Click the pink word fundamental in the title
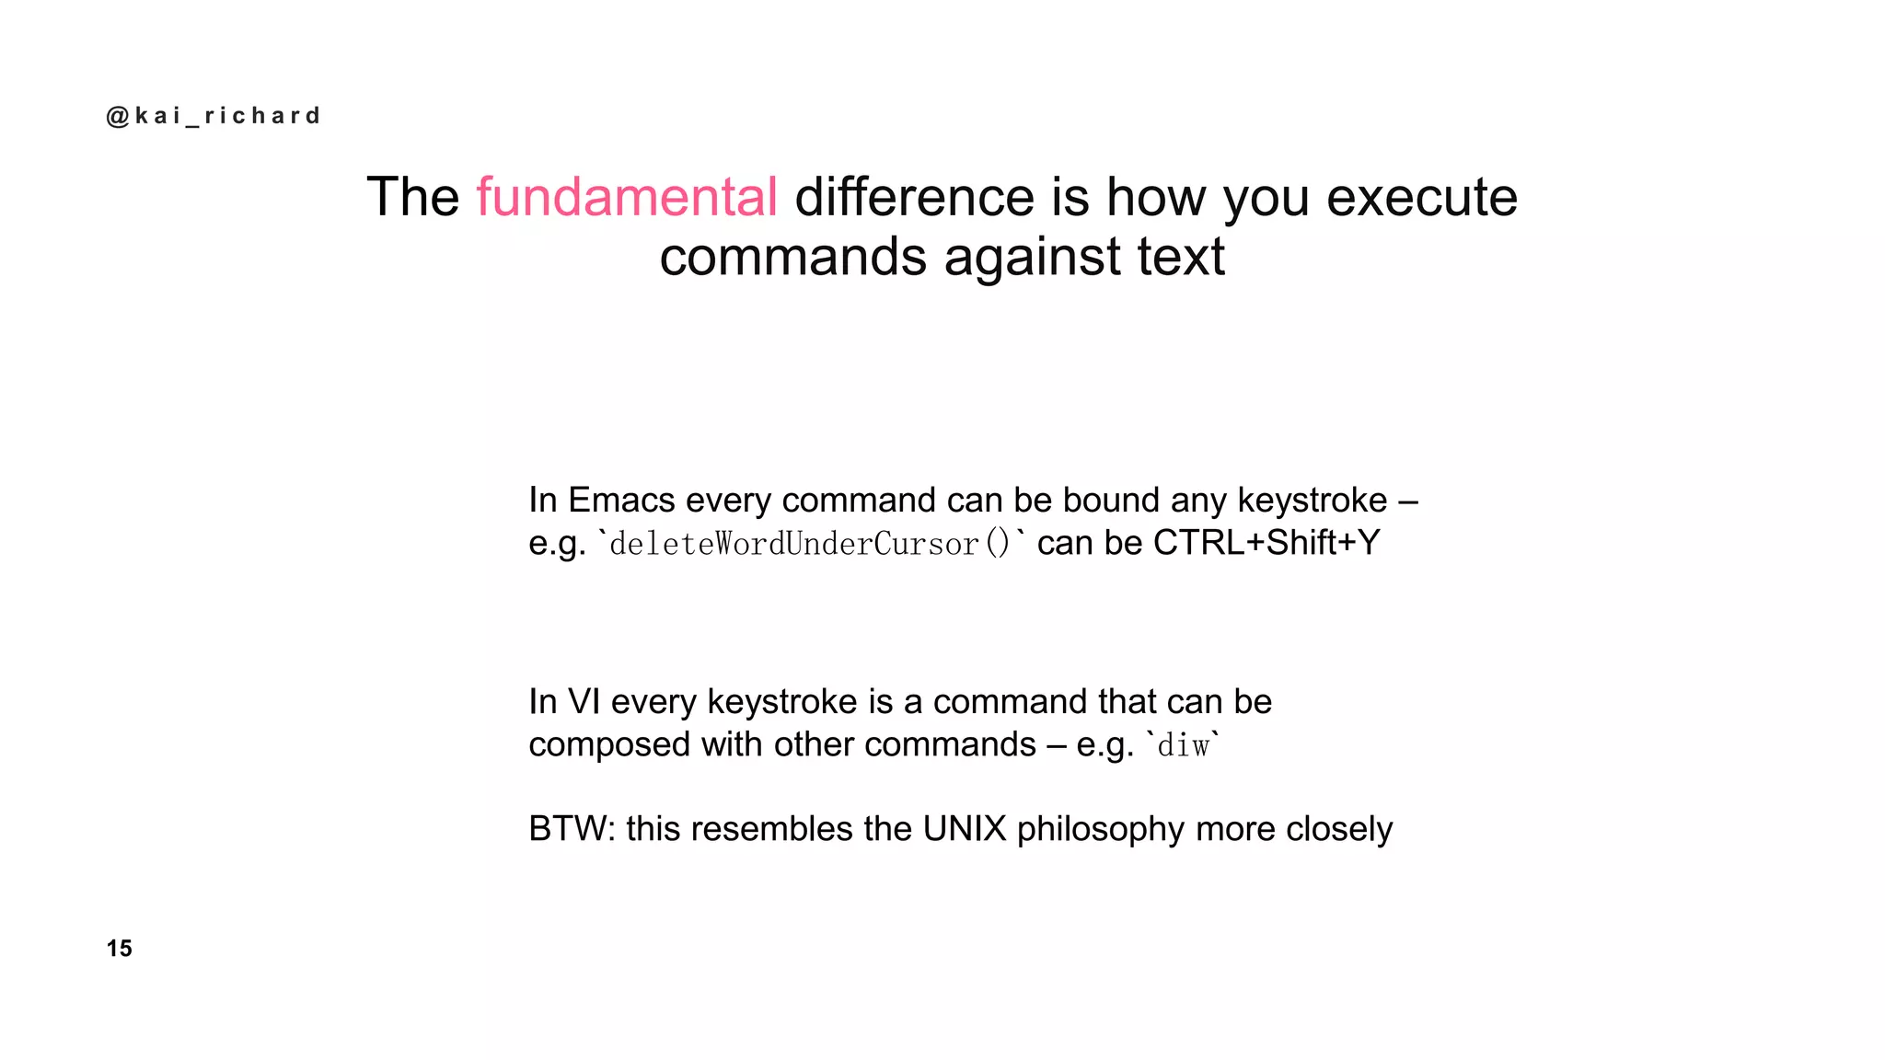click(627, 197)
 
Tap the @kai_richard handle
click(214, 116)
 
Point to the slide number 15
click(120, 949)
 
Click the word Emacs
click(621, 501)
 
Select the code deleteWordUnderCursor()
click(810, 544)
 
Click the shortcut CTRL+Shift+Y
click(1266, 543)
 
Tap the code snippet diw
click(1183, 745)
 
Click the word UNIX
click(965, 829)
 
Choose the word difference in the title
click(914, 197)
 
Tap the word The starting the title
click(413, 197)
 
